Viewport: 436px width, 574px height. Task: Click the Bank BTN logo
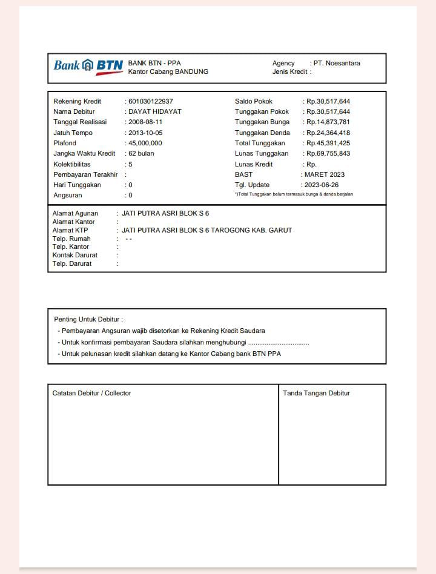point(88,65)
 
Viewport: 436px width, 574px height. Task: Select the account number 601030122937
point(151,101)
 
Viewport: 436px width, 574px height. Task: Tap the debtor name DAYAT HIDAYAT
point(155,111)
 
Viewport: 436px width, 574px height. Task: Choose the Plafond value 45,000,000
point(145,143)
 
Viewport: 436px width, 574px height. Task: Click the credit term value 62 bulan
point(141,153)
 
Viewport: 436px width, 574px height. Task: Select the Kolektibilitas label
point(72,164)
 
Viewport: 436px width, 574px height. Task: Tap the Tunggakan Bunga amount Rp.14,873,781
point(328,122)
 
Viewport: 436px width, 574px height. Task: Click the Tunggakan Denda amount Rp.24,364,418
point(328,133)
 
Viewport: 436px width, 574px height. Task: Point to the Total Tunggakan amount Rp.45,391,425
point(328,143)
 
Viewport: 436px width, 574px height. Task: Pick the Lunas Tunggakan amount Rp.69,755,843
point(328,153)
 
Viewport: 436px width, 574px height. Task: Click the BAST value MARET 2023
point(325,174)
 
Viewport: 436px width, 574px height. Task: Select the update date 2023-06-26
point(322,185)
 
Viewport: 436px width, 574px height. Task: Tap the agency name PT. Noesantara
point(337,63)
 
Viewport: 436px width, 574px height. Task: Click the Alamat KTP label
point(70,230)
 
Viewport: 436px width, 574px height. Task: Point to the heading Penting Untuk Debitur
point(88,319)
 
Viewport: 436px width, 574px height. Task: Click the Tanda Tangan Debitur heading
point(316,393)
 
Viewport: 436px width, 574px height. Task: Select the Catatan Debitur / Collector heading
point(91,393)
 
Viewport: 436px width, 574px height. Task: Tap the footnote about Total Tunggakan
point(294,194)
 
